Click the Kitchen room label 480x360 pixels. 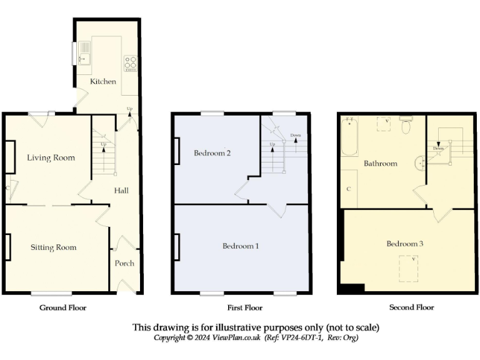(x=103, y=82)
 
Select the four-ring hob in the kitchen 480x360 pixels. (x=131, y=62)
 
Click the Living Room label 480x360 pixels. (x=51, y=157)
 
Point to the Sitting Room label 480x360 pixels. (x=54, y=247)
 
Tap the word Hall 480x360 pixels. (x=121, y=190)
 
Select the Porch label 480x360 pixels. (x=124, y=263)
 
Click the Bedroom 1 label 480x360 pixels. (x=241, y=246)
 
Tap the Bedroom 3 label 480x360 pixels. (x=404, y=243)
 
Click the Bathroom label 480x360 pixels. (x=381, y=164)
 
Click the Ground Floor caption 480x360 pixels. (x=63, y=307)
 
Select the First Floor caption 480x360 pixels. (x=241, y=307)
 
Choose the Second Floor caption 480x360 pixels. (x=411, y=307)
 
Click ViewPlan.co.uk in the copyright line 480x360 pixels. (x=236, y=337)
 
